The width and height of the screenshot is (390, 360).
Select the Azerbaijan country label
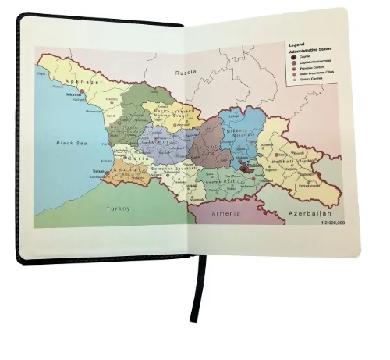pyautogui.click(x=310, y=213)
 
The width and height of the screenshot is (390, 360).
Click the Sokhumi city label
pyautogui.click(x=73, y=95)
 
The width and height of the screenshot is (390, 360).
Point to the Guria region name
pyautogui.click(x=129, y=159)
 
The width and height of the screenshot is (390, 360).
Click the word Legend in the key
pyautogui.click(x=297, y=45)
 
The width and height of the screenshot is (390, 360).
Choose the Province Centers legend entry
pyautogui.click(x=310, y=68)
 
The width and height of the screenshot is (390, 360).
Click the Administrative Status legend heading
pyautogui.click(x=310, y=50)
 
